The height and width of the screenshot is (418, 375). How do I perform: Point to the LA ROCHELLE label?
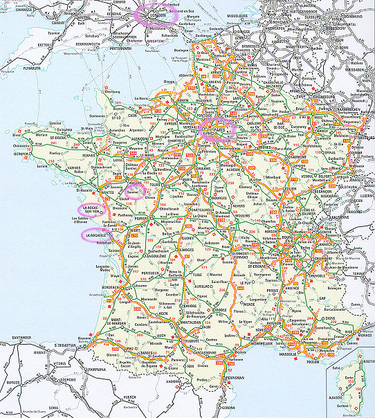pyautogui.click(x=94, y=235)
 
